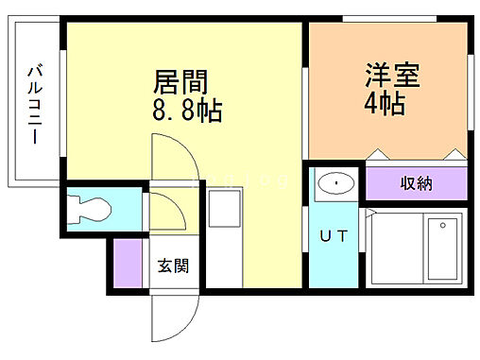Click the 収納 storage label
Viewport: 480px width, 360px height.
point(416,183)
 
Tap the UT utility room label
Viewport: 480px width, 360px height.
point(334,236)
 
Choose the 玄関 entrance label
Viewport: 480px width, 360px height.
point(172,265)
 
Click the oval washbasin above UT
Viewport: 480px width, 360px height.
point(334,182)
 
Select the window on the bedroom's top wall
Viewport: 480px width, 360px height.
point(387,20)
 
